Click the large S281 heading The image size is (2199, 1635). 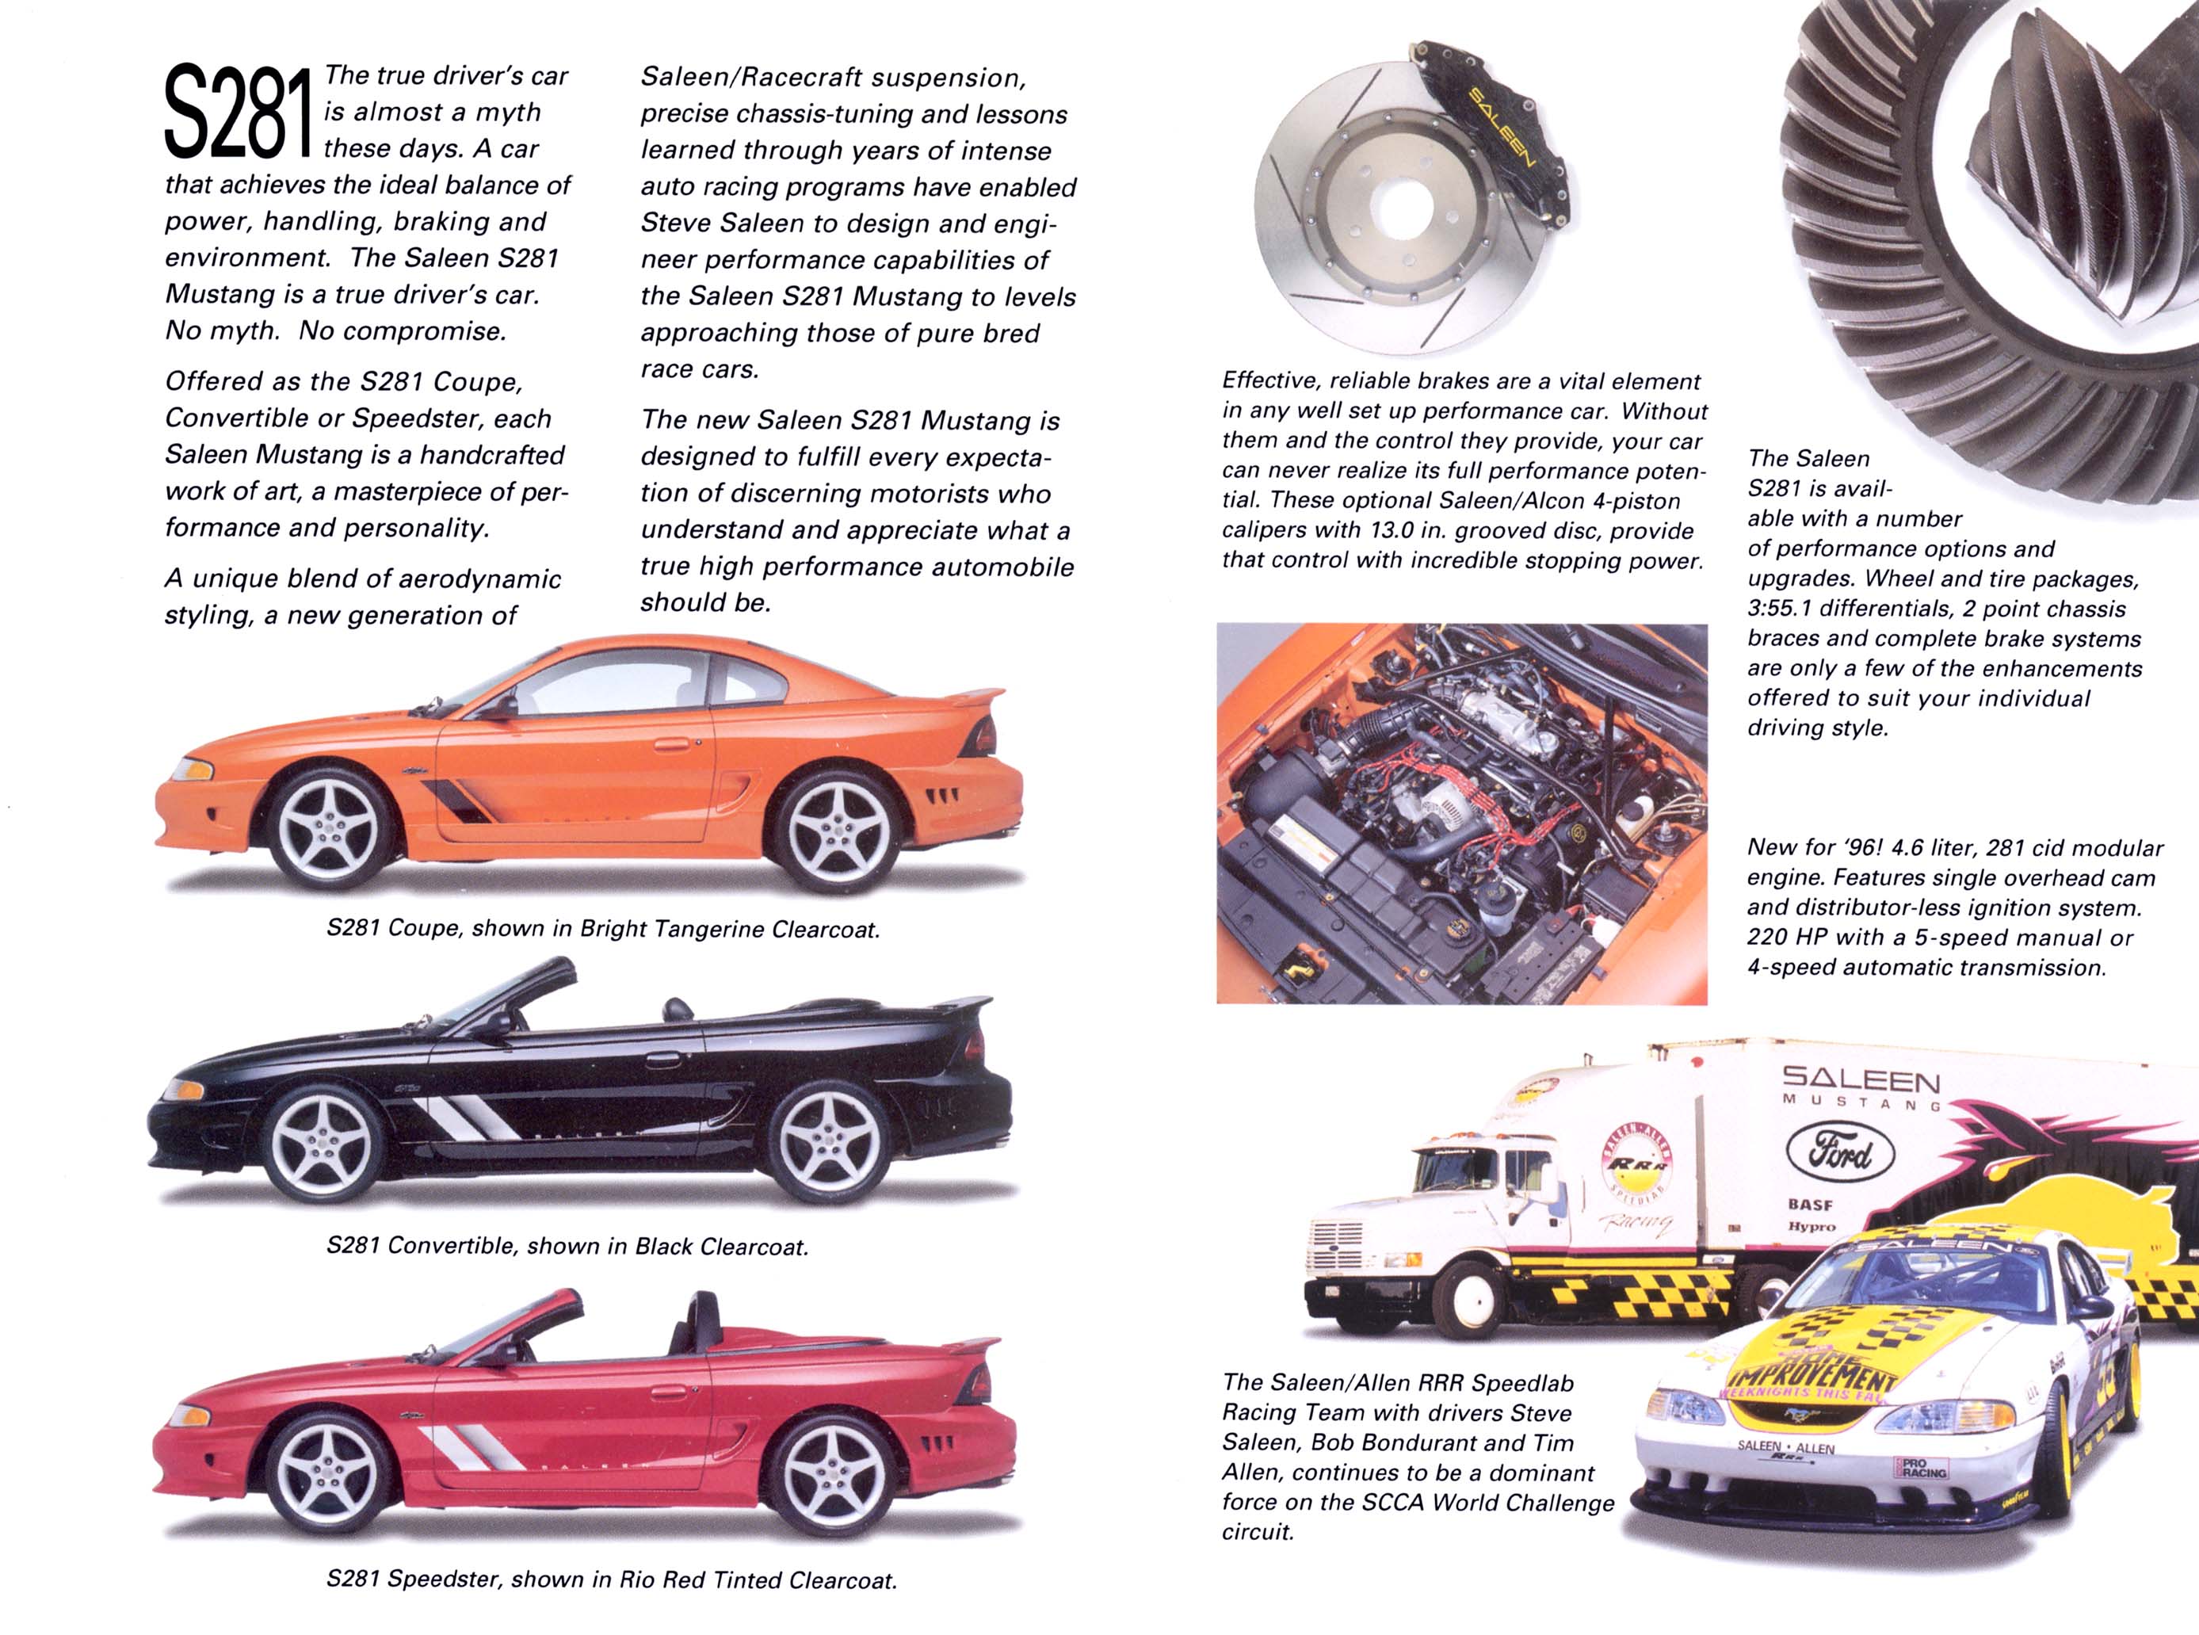coord(238,111)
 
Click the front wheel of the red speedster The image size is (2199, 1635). coord(327,1475)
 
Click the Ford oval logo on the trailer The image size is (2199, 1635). coord(1840,1153)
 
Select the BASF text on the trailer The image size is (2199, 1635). coord(1810,1205)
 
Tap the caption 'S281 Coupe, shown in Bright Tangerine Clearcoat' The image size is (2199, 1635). coord(603,928)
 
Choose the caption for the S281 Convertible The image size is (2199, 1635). coord(567,1246)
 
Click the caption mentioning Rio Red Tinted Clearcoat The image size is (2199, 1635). coord(612,1580)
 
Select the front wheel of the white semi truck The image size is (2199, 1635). coord(1468,1297)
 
